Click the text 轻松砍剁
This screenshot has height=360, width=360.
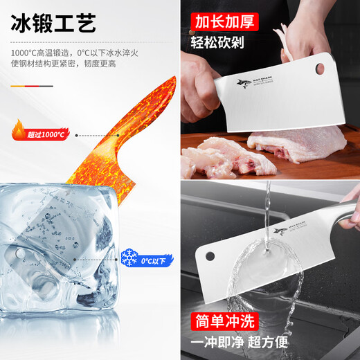[x=225, y=43]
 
